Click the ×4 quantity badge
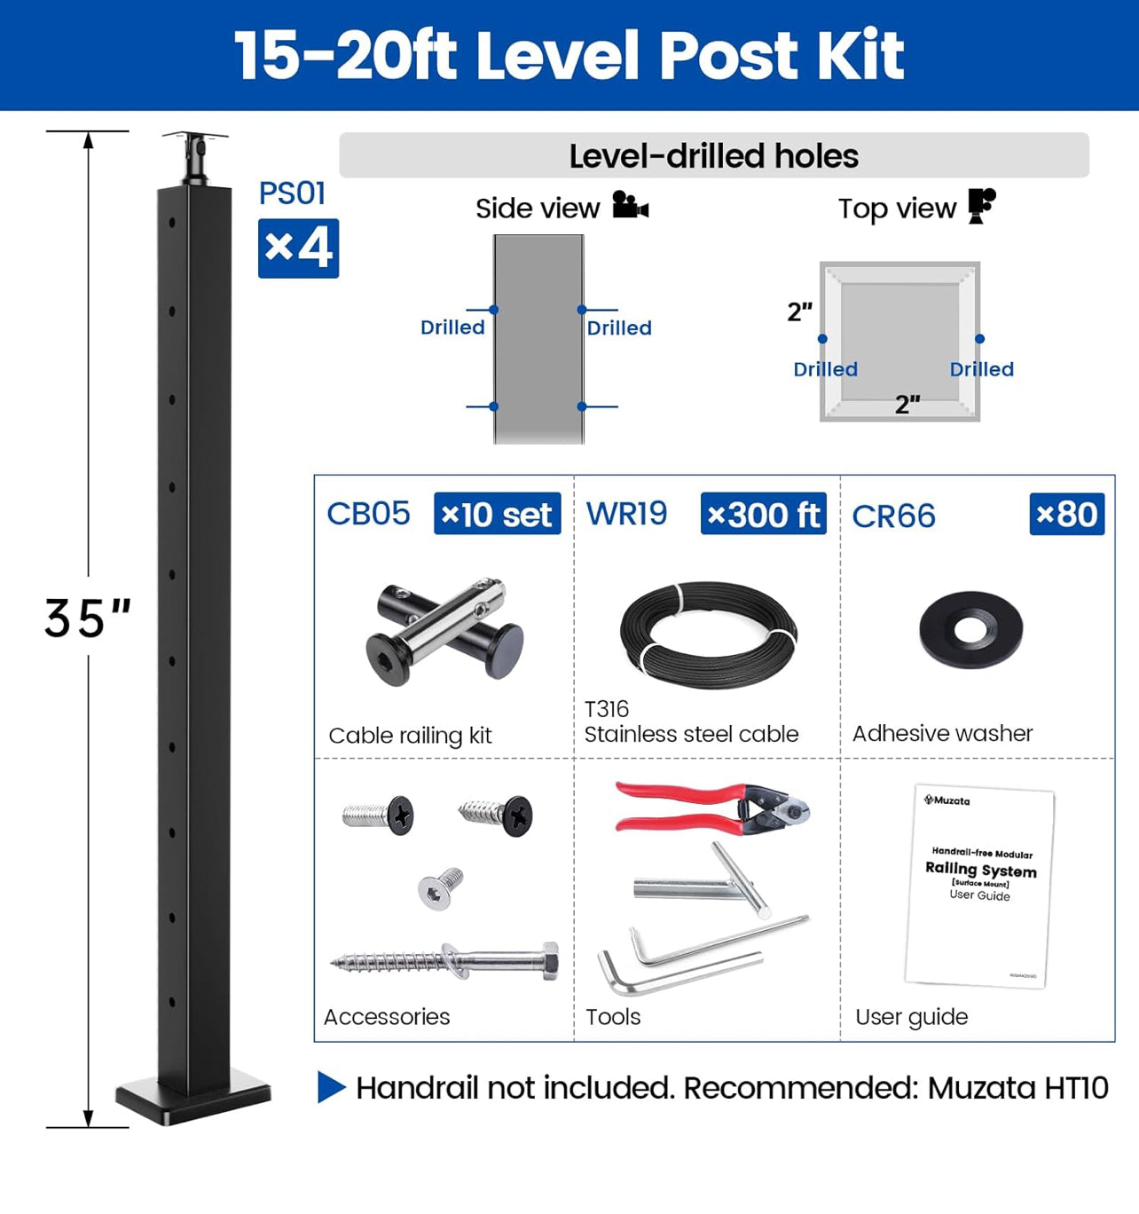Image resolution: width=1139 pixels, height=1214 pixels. [298, 248]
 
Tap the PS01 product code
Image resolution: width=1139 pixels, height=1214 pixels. [292, 193]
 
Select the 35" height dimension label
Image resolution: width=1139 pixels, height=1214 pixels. [88, 619]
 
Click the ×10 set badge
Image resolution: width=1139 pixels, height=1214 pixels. [497, 515]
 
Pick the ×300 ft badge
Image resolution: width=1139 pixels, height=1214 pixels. [763, 515]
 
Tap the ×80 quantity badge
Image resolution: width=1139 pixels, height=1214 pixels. [1066, 515]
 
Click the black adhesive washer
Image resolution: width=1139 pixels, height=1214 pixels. [971, 630]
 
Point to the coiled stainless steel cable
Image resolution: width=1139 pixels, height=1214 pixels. [708, 635]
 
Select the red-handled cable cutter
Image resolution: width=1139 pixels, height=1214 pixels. [710, 808]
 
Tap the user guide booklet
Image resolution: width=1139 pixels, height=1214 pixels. [979, 886]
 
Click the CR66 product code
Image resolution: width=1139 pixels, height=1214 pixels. [893, 516]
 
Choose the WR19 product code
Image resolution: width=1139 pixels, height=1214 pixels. [626, 514]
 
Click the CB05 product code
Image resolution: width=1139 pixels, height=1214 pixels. [368, 514]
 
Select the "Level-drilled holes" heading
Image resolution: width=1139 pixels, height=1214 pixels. [713, 156]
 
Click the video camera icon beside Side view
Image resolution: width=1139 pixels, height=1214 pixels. [630, 205]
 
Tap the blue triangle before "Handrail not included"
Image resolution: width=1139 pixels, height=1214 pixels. [331, 1087]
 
